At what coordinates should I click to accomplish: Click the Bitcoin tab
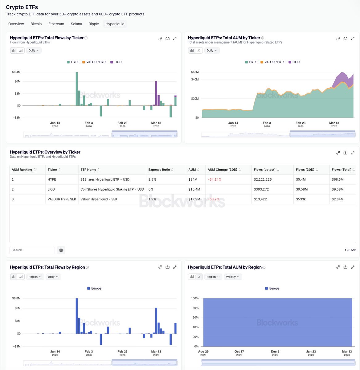pos(36,24)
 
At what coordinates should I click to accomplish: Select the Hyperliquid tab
pos(115,24)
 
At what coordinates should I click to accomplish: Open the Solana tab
pos(76,24)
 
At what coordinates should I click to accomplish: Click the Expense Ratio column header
pos(159,170)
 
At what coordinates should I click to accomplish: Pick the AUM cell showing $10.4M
pos(194,189)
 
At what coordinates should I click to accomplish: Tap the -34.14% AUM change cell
pos(215,179)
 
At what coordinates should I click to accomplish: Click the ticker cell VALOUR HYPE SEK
pos(62,199)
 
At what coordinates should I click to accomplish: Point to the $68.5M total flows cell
pos(338,179)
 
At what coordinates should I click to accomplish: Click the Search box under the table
pos(32,250)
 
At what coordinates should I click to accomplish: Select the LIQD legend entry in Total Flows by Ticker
pos(116,62)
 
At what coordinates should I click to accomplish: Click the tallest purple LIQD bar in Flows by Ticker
pos(156,93)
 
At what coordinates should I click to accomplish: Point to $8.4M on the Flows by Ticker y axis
pos(16,72)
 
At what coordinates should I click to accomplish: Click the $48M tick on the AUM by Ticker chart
pos(195,72)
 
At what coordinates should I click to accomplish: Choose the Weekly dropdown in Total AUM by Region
pos(233,277)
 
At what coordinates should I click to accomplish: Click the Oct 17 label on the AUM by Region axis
pos(239,351)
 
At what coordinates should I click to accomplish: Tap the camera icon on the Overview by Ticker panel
pos(345,153)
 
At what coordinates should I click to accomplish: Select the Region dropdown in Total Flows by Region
pos(35,277)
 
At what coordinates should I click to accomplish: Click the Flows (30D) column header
pos(305,170)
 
